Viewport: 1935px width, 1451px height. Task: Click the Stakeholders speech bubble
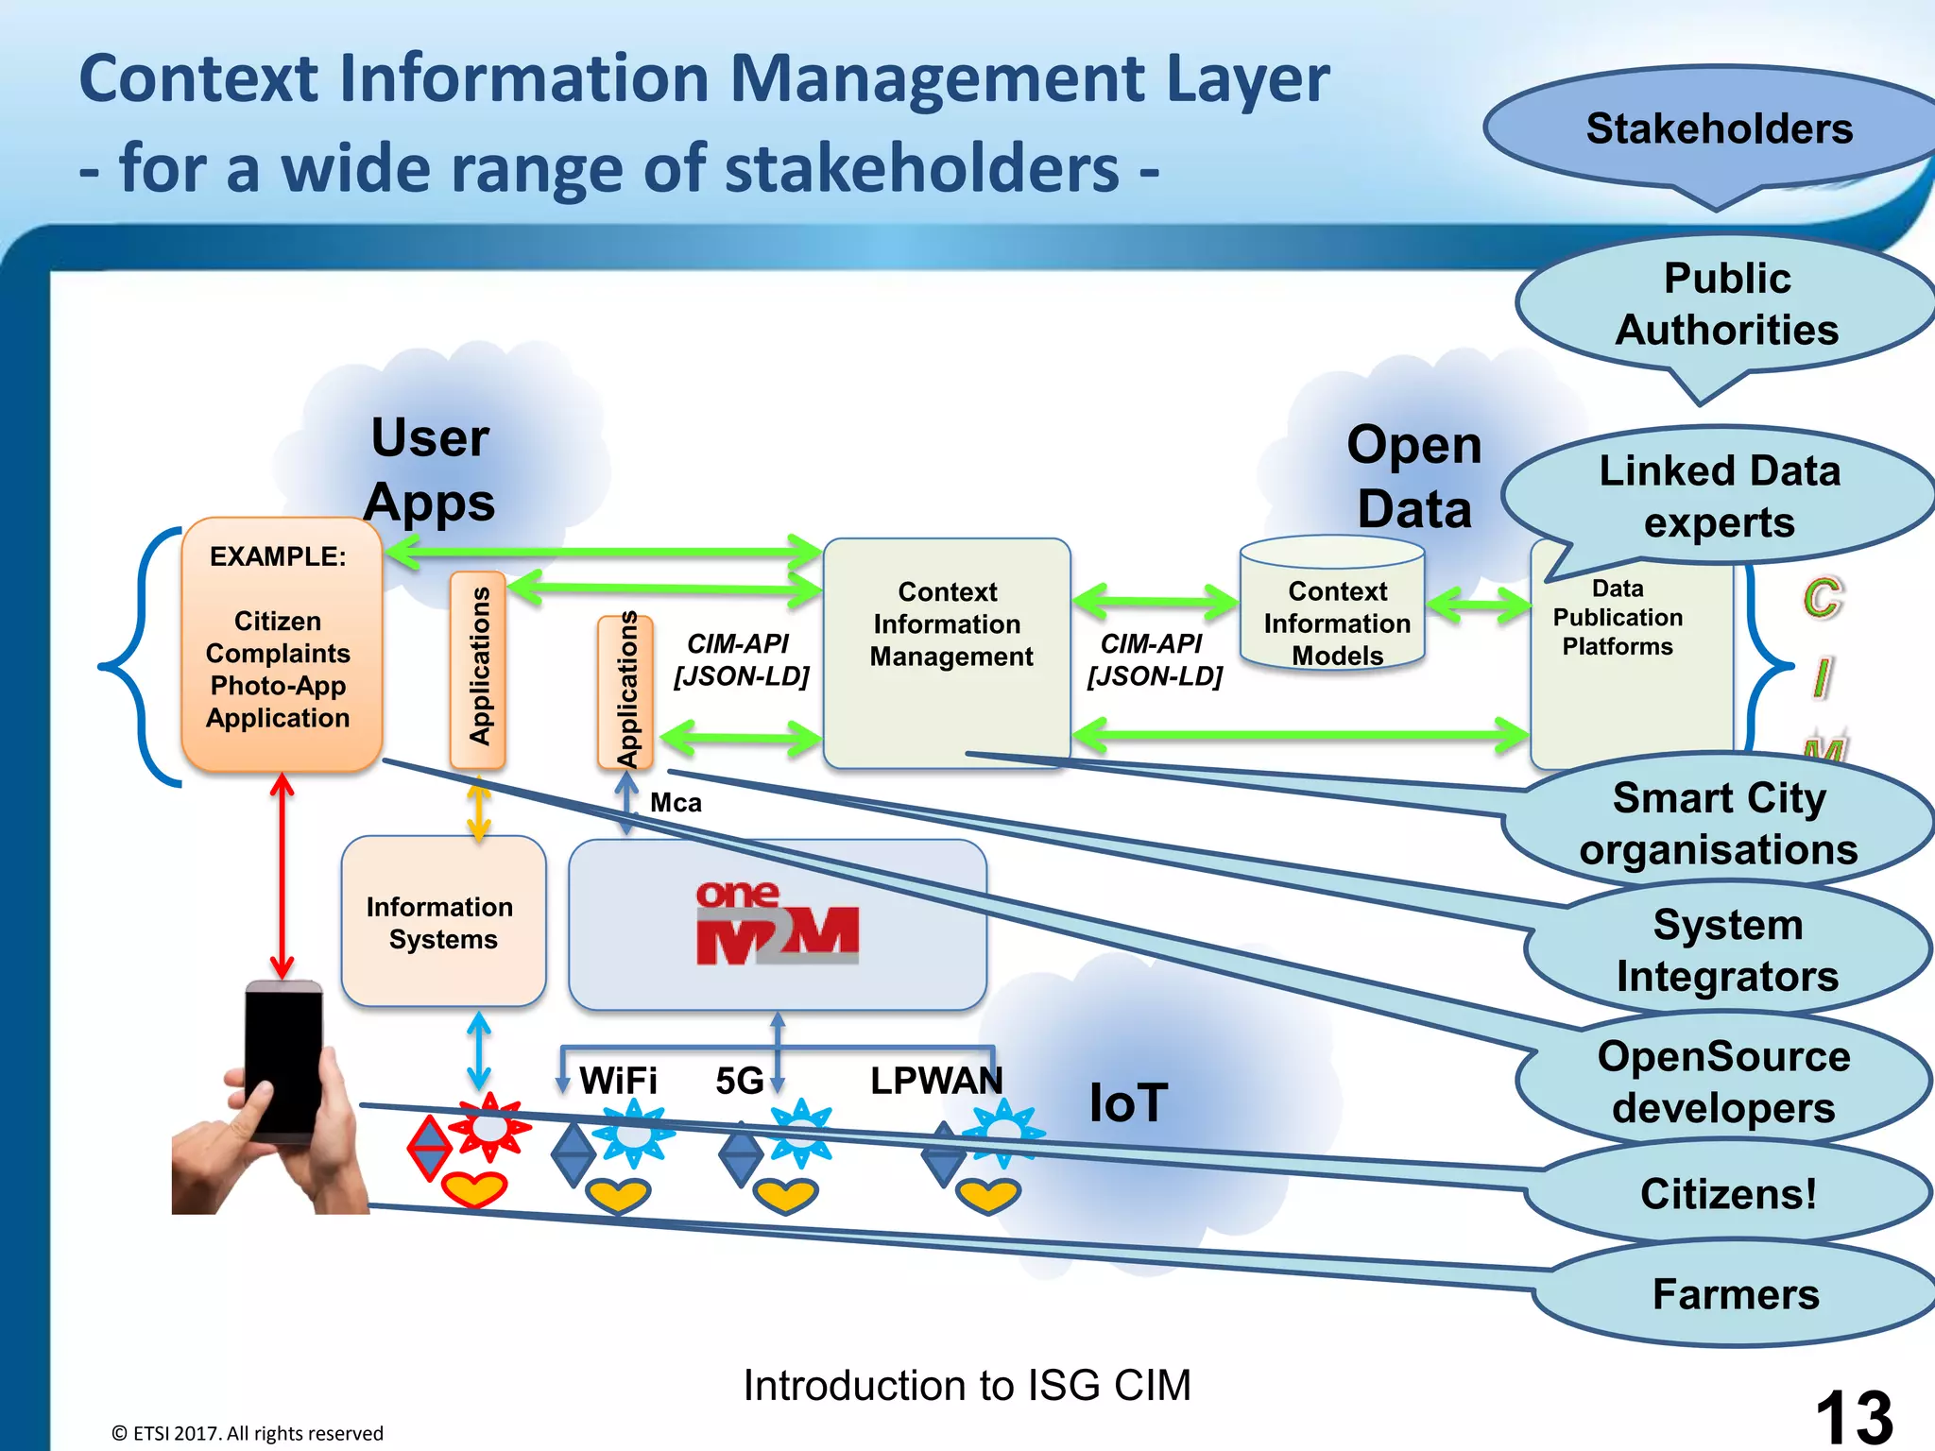pyautogui.click(x=1718, y=129)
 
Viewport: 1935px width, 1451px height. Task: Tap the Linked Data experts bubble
pyautogui.click(x=1719, y=496)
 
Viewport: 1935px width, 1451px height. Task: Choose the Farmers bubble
pyautogui.click(x=1735, y=1294)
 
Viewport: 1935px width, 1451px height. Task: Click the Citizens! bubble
pyautogui.click(x=1727, y=1194)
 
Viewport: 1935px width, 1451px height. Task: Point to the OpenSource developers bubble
pyautogui.click(x=1723, y=1082)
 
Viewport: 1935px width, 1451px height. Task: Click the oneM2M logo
pyautogui.click(x=777, y=924)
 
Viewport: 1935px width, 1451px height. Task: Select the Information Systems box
pyautogui.click(x=442, y=923)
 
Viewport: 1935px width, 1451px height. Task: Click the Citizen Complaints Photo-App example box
pyautogui.click(x=279, y=652)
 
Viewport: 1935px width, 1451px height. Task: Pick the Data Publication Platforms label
pyautogui.click(x=1618, y=618)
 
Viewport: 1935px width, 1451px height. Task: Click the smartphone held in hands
pyautogui.click(x=282, y=1063)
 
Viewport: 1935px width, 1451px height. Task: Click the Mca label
pyautogui.click(x=676, y=803)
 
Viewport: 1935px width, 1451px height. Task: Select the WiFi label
pyautogui.click(x=618, y=1081)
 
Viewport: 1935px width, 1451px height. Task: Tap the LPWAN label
pyautogui.click(x=935, y=1081)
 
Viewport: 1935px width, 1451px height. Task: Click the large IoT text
pyautogui.click(x=1128, y=1102)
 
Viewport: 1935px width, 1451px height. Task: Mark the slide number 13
pyautogui.click(x=1853, y=1417)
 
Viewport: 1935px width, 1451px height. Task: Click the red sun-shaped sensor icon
pyautogui.click(x=488, y=1128)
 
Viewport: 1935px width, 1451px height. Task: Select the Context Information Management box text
pyautogui.click(x=949, y=623)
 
